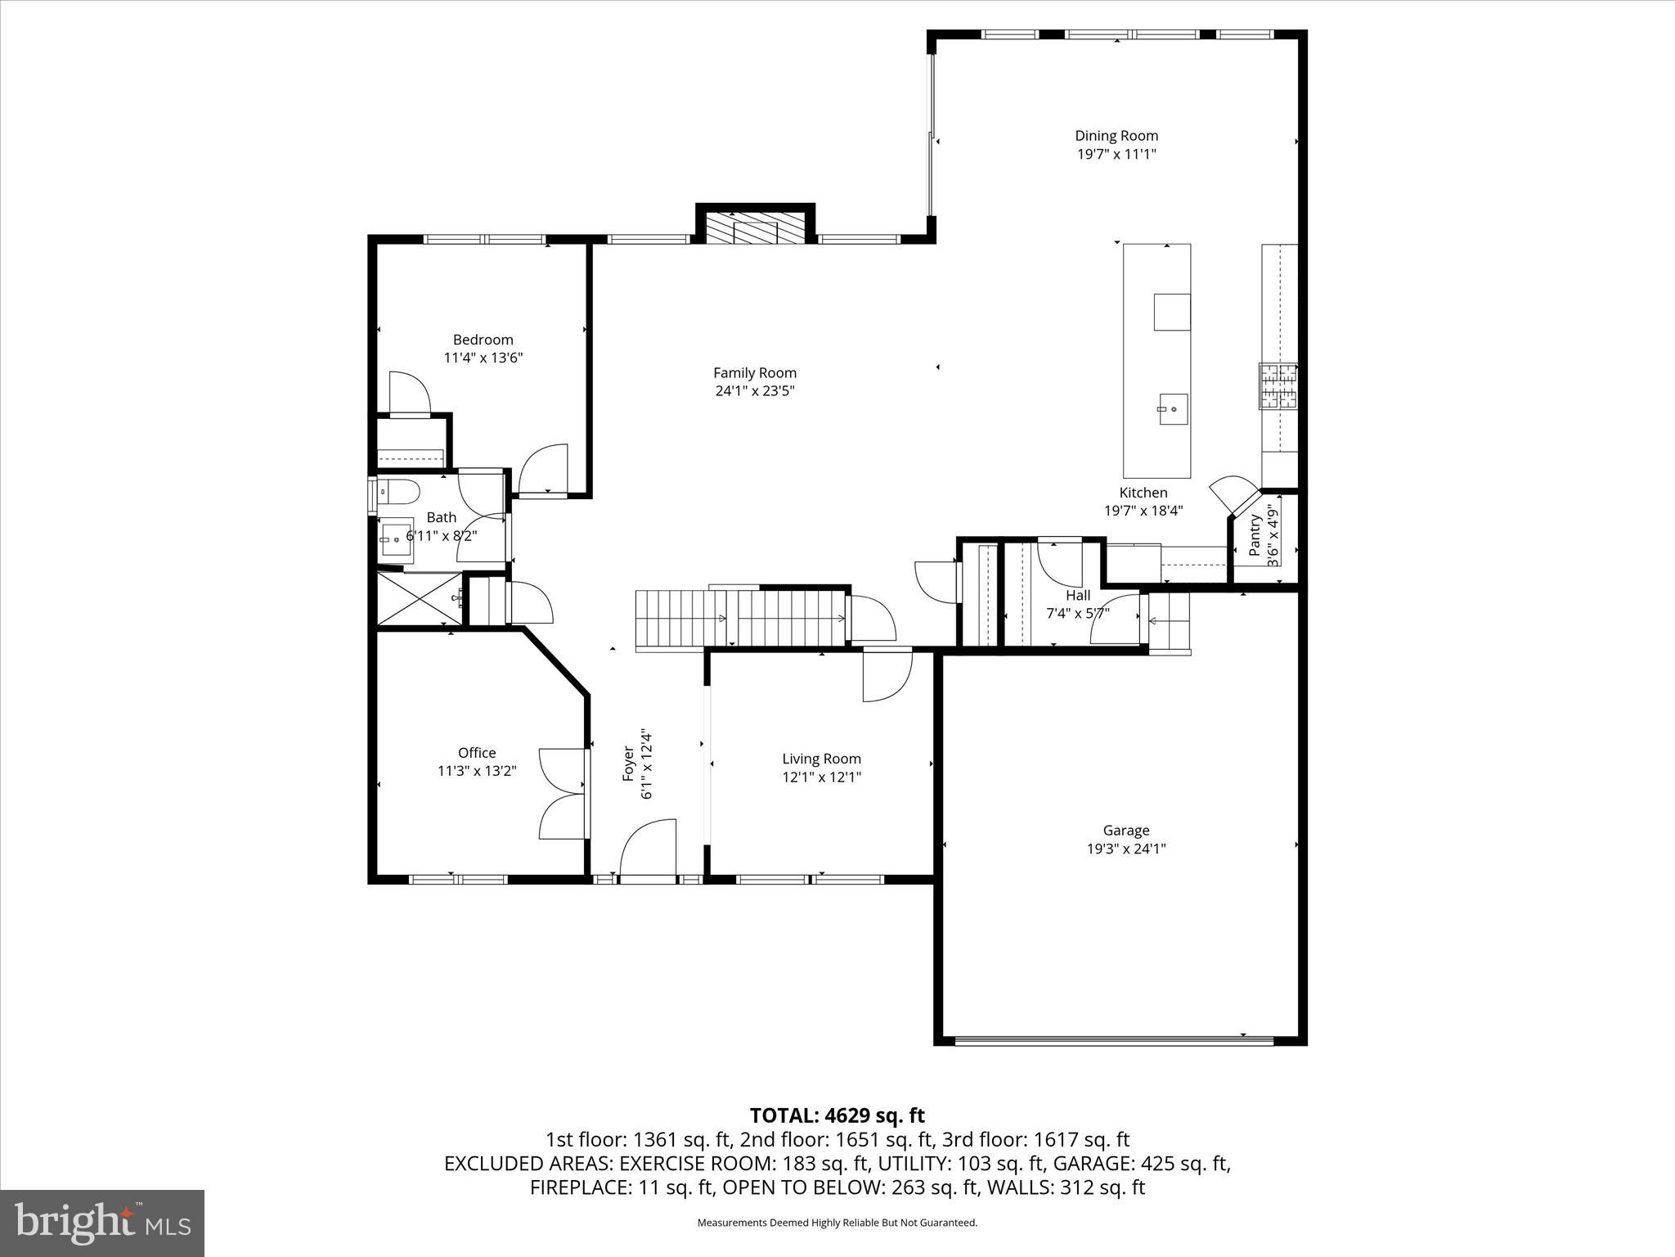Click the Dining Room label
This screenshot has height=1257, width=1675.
coord(1116,136)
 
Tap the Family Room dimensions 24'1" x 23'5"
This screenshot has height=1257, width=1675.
coord(754,391)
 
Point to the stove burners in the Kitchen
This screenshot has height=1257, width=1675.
coord(1278,386)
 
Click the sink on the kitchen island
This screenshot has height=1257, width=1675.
coord(1172,409)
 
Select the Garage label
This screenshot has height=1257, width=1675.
coord(1125,831)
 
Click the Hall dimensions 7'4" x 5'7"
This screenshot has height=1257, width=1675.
coord(1077,613)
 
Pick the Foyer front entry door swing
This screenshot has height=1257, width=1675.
coord(649,848)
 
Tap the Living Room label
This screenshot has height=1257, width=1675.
coord(821,759)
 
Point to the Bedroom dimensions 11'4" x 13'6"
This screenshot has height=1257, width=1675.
coord(483,358)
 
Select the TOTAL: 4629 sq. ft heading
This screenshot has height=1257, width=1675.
coord(837,1115)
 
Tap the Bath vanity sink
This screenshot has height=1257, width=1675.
coord(397,539)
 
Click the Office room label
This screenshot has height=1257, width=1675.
coord(476,753)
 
